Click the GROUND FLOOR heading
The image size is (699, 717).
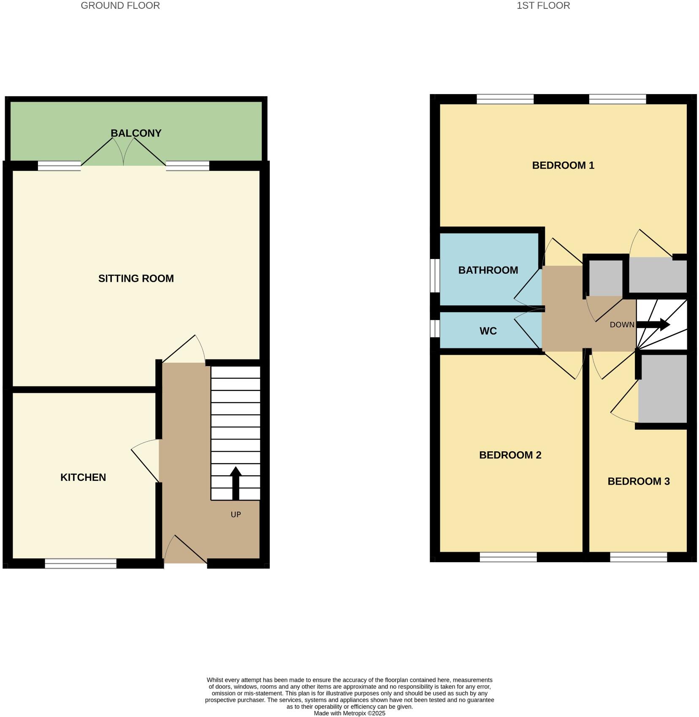(120, 6)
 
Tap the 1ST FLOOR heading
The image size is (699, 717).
(543, 6)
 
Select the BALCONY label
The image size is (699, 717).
(136, 133)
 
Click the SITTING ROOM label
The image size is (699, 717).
(136, 278)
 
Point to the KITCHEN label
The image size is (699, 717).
(83, 477)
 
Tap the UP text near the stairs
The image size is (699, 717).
(236, 515)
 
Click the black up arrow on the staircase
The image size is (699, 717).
(236, 483)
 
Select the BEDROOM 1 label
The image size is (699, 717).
(563, 165)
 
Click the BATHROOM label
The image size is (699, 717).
(488, 270)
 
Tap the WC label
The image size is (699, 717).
(488, 331)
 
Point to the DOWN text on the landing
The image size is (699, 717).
(622, 325)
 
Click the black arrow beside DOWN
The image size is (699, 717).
(653, 325)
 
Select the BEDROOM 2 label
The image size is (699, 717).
(510, 455)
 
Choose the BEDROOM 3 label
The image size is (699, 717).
(638, 482)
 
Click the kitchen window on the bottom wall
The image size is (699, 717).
(81, 563)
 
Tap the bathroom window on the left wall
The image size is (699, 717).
(435, 275)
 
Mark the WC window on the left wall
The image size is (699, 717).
(435, 329)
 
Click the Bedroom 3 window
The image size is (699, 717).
(638, 557)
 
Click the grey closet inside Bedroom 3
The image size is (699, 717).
(662, 388)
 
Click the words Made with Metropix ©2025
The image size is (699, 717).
(349, 713)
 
